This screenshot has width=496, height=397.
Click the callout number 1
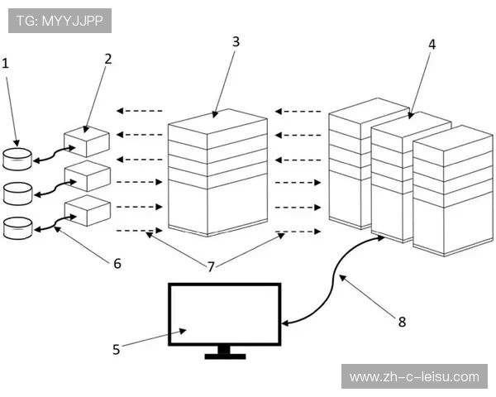coord(7,62)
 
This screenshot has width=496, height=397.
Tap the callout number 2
coord(108,59)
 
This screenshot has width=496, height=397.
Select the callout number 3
coord(236,40)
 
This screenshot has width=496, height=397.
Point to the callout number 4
coord(432,44)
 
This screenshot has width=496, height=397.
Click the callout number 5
coord(117,349)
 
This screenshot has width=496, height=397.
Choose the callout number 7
coord(211,266)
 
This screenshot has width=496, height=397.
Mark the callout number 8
coord(402,322)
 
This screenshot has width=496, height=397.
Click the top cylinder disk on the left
coord(17,158)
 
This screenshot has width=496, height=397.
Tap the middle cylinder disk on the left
coord(17,194)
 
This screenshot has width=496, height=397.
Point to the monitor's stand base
coord(225,358)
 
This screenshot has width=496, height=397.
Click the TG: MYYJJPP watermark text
coord(60,20)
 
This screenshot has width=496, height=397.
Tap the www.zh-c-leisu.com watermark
coord(414,377)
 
